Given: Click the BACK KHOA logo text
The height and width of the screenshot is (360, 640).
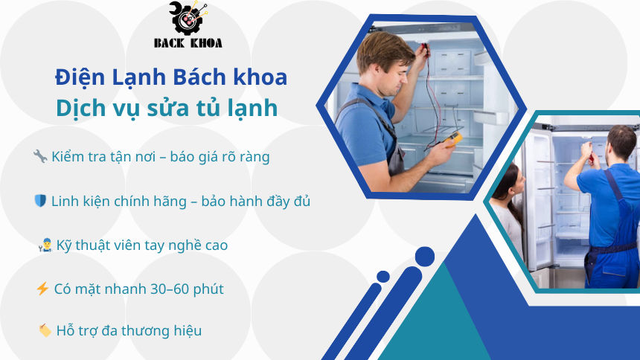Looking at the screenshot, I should [188, 42].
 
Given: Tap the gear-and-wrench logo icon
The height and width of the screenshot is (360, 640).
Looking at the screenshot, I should [188, 18].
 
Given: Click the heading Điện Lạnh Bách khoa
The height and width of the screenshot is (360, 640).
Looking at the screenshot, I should [171, 77].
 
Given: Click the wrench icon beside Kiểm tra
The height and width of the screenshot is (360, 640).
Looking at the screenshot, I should [40, 157].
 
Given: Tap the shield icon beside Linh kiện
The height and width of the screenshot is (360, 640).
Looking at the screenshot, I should [40, 201].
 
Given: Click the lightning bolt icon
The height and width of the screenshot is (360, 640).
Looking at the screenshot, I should [42, 289].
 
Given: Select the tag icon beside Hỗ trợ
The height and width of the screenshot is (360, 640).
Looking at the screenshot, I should [44, 330].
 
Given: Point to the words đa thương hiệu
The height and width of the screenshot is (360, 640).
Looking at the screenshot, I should [157, 330].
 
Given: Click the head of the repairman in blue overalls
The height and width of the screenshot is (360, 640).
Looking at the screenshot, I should [620, 141].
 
